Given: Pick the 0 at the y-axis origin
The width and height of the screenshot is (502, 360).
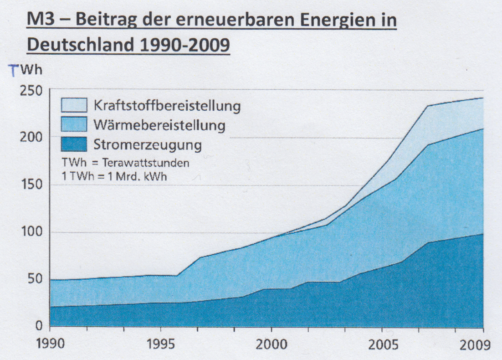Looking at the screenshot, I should (x=40, y=326).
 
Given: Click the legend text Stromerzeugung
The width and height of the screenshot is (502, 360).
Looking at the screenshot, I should (x=148, y=145).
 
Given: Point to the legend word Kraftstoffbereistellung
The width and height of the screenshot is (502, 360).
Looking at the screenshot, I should (x=167, y=106).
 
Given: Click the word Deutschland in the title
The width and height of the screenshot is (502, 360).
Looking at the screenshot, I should (x=80, y=46).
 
